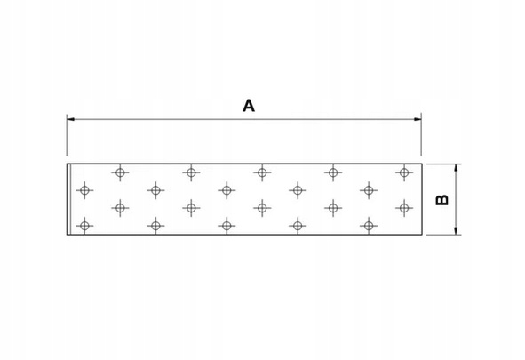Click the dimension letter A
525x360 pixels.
[x=249, y=106]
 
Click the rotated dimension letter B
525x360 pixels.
[x=442, y=200]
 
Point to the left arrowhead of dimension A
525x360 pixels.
[x=70, y=119]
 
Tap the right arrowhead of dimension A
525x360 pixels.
[x=418, y=119]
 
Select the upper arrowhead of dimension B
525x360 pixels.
[x=456, y=168]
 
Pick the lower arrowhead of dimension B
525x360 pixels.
[x=456, y=230]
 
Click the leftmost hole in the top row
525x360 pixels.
[x=120, y=172]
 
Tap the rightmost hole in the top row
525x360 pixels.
[x=404, y=172]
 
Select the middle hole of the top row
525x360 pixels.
[x=262, y=172]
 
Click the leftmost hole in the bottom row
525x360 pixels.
[x=84, y=226]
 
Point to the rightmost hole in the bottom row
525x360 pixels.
[x=369, y=226]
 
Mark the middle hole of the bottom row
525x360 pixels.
[x=227, y=226]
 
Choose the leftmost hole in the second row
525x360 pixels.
[x=84, y=190]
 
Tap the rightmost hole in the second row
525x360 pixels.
[x=369, y=190]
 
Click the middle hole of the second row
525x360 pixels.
[x=227, y=190]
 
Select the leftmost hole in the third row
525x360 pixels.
[x=120, y=208]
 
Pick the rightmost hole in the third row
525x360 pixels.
[x=404, y=208]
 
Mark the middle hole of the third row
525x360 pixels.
[x=262, y=208]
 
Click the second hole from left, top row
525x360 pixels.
[x=191, y=172]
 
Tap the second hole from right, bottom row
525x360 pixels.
[x=298, y=226]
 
